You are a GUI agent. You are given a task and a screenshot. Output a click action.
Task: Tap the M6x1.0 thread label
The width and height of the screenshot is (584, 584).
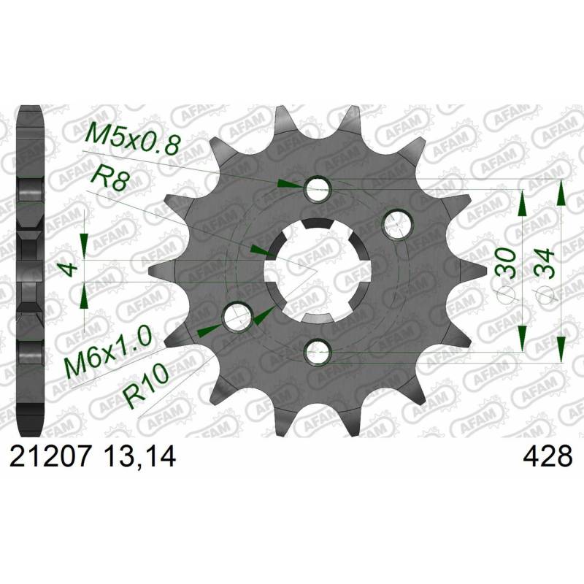pos(108,350)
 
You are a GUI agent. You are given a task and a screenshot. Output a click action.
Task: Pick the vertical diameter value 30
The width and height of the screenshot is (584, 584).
pos(507,263)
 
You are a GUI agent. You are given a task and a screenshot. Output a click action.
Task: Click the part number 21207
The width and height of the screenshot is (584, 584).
pos(50,456)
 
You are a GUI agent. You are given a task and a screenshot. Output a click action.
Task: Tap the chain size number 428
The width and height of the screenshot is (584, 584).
pos(547,456)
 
